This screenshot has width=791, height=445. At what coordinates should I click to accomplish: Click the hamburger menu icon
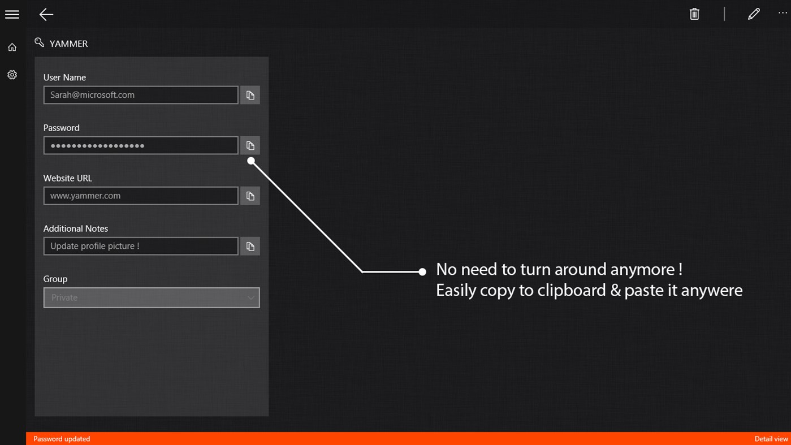point(12,15)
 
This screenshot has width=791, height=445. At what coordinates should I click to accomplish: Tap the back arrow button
point(46,15)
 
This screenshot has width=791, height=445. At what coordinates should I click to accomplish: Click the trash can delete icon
point(694,14)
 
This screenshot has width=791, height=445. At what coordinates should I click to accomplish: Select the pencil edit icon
point(753,14)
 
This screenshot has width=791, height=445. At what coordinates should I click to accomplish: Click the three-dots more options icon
point(783,13)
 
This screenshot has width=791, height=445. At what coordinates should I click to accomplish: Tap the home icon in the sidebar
point(12,47)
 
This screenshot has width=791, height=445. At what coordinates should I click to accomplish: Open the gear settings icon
point(12,75)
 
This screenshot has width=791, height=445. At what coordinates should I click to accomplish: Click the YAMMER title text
point(68,44)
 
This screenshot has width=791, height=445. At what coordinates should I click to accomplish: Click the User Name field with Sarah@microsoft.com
point(141,95)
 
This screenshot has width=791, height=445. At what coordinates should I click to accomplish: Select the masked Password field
point(141,145)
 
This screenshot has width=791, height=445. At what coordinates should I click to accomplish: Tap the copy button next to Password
point(250,145)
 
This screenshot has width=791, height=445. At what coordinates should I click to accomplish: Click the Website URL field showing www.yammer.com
point(141,196)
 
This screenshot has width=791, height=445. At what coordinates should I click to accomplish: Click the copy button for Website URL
point(250,196)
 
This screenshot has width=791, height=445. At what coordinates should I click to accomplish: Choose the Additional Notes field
point(141,246)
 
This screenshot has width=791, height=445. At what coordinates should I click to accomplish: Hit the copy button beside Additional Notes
point(250,247)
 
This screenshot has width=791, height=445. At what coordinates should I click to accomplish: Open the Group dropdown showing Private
point(152,297)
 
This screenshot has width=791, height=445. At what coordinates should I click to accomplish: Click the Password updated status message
point(62,439)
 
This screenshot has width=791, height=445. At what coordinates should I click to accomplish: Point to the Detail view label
point(771,439)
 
